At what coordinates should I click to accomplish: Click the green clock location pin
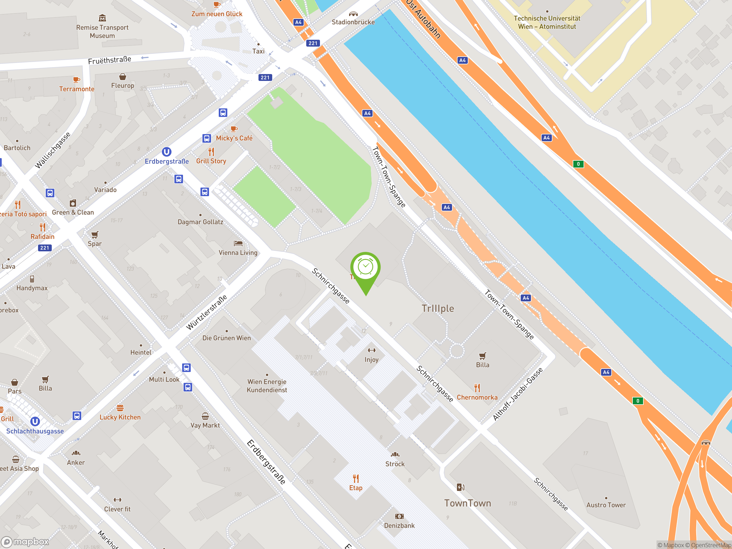click(x=365, y=268)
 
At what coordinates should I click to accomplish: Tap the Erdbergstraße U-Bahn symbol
click(x=166, y=152)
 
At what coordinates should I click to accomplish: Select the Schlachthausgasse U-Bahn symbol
click(x=35, y=421)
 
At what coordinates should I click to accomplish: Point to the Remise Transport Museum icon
click(x=102, y=18)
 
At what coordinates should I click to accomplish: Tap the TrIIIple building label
click(x=437, y=309)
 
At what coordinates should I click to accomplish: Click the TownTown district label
click(x=467, y=503)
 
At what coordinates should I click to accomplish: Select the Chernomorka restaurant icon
click(x=477, y=387)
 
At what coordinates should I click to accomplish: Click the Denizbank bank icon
click(x=399, y=516)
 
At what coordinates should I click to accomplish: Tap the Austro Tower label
click(x=606, y=505)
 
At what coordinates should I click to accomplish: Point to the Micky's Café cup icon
click(x=234, y=129)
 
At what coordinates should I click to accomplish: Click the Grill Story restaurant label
click(x=211, y=161)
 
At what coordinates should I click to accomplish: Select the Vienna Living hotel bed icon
click(x=238, y=244)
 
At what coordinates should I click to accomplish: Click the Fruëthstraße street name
click(x=110, y=60)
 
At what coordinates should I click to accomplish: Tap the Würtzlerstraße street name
click(x=206, y=313)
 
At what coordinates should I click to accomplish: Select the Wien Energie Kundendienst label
click(x=267, y=386)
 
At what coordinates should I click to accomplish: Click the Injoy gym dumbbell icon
click(x=371, y=350)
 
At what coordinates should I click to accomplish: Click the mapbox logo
click(x=25, y=542)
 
